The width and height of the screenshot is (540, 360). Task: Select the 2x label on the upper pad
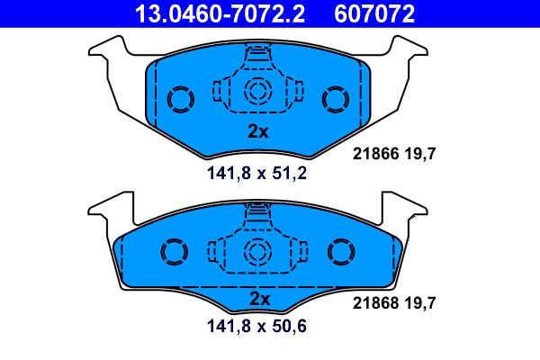click(258, 131)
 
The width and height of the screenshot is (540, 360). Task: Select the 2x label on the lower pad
click(258, 298)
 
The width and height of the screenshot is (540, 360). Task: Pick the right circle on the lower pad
click(343, 252)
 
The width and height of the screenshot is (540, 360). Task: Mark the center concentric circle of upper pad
click(258, 90)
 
